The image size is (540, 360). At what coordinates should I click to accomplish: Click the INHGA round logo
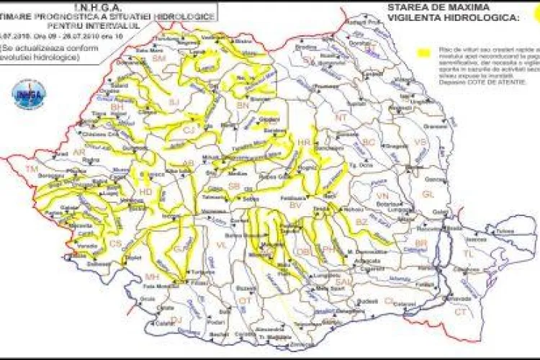29,94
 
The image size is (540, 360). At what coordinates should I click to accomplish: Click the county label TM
31,168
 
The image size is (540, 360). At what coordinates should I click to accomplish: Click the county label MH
151,276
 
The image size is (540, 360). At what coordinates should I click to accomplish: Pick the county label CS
115,244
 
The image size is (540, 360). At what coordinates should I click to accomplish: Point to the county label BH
116,107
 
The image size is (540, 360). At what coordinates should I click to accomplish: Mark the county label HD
145,192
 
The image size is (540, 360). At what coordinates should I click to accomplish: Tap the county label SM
159,57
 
